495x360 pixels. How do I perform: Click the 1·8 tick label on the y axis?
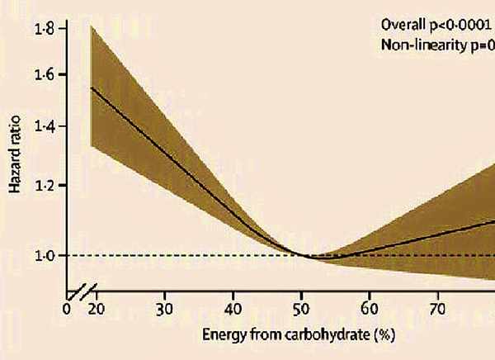[x=45, y=28]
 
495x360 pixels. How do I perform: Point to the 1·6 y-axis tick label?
[x=45, y=74]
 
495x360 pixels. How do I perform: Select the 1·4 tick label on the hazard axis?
[x=45, y=126]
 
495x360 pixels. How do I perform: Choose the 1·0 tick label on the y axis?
[x=45, y=256]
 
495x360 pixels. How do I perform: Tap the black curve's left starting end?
[x=91, y=88]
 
